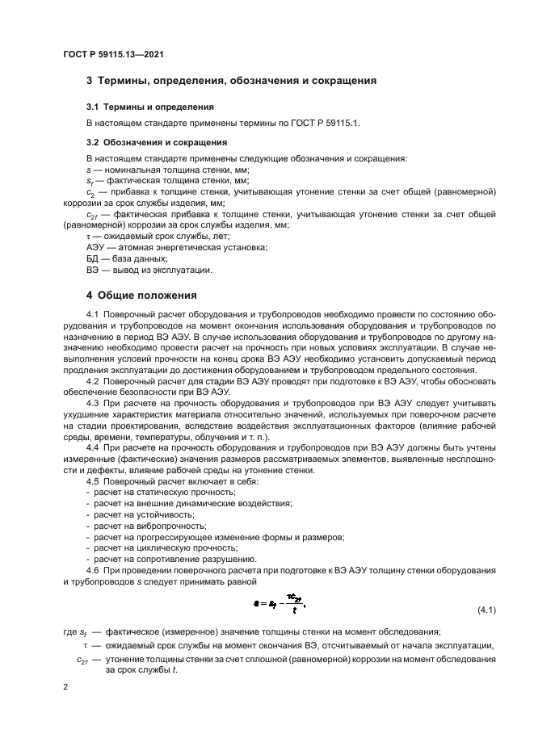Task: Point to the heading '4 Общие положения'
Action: tap(141, 296)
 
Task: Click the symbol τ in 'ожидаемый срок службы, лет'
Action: tap(88, 236)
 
